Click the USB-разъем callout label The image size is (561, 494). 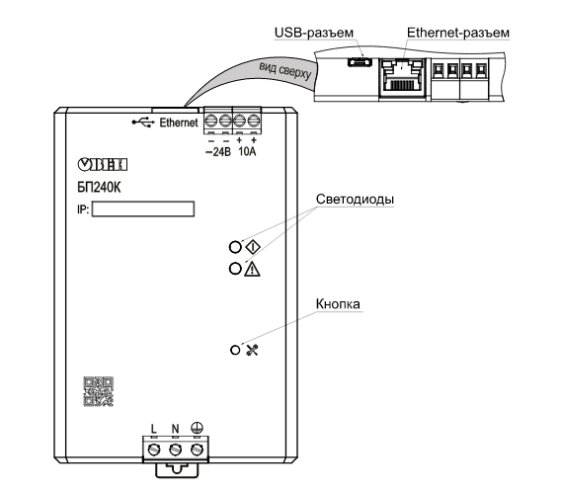pos(314,33)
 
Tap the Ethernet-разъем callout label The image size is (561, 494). pos(458,33)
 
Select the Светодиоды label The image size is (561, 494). pos(355,199)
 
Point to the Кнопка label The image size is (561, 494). pos(338,304)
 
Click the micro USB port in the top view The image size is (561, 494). pos(360,61)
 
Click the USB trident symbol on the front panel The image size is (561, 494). pos(143,123)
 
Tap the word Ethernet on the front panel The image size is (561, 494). pos(179,123)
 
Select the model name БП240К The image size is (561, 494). pos(99,187)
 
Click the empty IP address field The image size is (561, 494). pos(143,209)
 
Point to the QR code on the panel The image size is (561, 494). pos(99,391)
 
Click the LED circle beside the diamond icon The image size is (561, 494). pos(235,247)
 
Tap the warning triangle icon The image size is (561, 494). pos(252,269)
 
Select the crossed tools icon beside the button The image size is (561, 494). pos(252,350)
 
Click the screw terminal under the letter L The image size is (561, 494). pos(154,450)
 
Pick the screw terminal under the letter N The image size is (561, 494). pos(175,450)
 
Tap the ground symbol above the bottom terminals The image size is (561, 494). pos(197,428)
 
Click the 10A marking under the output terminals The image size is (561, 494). pos(247,151)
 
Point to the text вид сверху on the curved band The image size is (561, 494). pos(285,70)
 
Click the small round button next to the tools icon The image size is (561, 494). pos(235,350)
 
